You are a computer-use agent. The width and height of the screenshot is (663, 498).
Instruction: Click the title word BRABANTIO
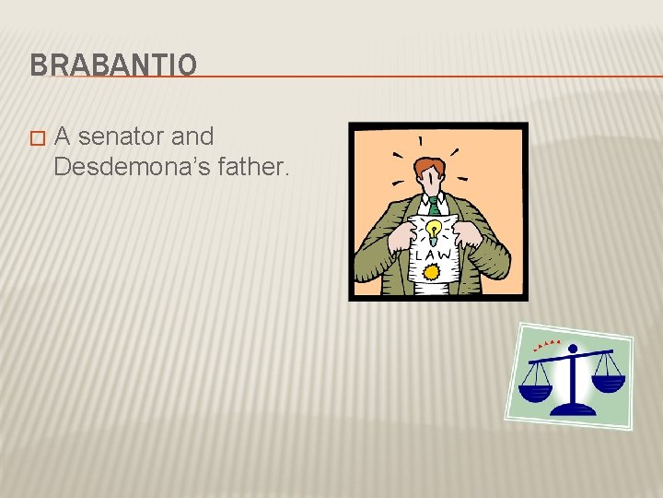(x=112, y=65)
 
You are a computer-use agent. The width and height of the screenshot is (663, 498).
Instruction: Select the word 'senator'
(x=122, y=137)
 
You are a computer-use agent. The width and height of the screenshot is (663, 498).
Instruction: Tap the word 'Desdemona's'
(x=118, y=167)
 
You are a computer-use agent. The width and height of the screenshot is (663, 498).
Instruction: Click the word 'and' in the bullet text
(x=193, y=137)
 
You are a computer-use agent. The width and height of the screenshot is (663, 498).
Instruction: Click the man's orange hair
(x=430, y=166)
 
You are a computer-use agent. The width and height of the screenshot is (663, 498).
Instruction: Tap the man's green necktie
(x=433, y=205)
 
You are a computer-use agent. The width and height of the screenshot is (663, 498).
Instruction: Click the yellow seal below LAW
(x=430, y=272)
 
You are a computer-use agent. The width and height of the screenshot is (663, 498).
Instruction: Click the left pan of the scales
(x=535, y=391)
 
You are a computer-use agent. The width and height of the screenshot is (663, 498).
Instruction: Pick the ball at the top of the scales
(x=573, y=349)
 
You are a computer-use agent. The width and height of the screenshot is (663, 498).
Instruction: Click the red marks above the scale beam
(x=547, y=345)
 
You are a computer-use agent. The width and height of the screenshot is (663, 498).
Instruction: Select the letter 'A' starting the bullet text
(x=63, y=137)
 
